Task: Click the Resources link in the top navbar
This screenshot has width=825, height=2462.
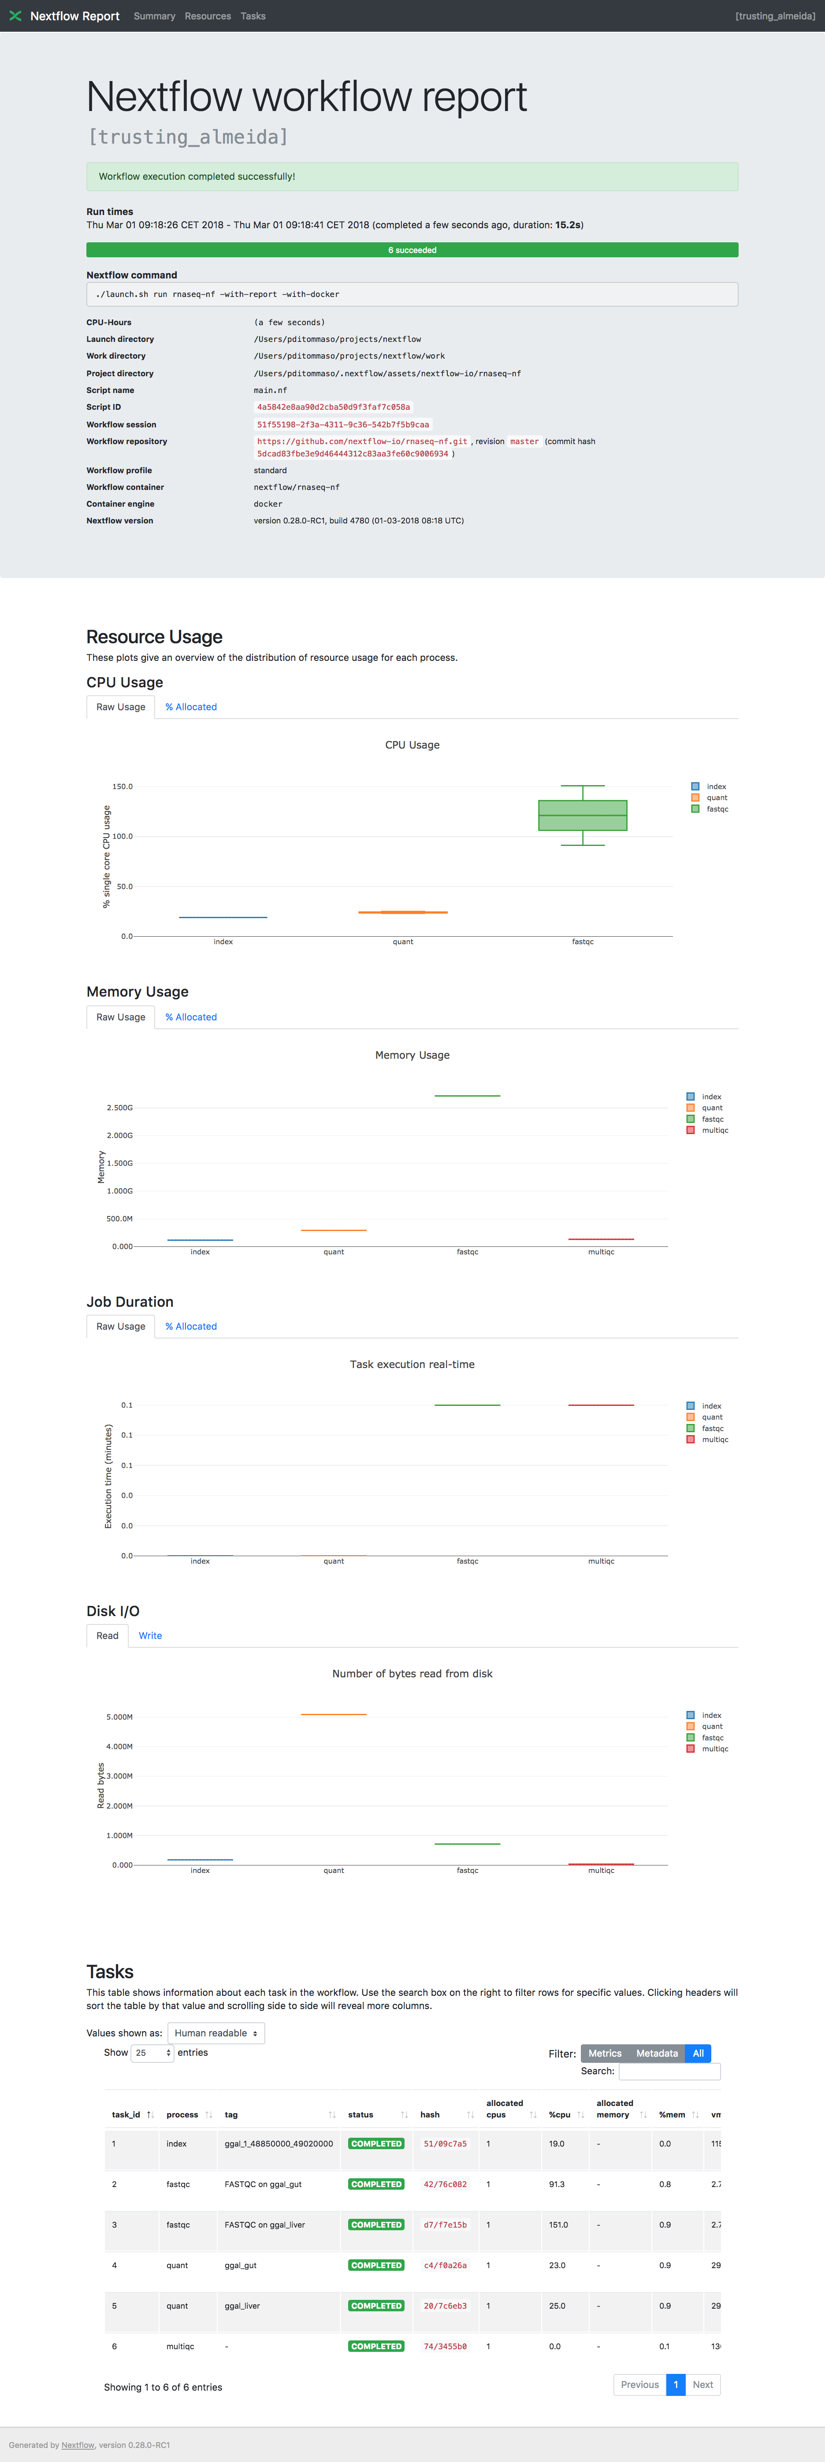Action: point(208,16)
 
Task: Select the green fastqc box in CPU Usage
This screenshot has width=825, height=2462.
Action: point(582,815)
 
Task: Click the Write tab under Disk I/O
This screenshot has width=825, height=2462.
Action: point(150,1635)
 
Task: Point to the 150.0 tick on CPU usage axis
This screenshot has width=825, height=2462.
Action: point(123,786)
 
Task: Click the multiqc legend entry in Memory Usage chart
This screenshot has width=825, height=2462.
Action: point(714,1131)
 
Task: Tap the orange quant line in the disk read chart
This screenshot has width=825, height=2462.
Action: point(334,1715)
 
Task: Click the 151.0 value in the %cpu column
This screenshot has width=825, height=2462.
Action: point(558,2225)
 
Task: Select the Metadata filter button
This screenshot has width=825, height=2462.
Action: point(657,2053)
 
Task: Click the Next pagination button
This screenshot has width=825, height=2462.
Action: point(702,2384)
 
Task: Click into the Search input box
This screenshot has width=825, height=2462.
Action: point(669,2071)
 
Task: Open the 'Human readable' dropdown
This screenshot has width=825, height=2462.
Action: point(216,2033)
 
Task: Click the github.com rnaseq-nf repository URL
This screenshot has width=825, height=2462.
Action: point(361,441)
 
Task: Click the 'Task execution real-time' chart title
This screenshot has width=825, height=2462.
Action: point(412,1365)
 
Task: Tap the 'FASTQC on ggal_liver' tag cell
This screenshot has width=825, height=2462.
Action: point(265,2225)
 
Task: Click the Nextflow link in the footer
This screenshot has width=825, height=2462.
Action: point(78,2445)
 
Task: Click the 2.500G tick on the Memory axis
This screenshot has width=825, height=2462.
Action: point(119,1108)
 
